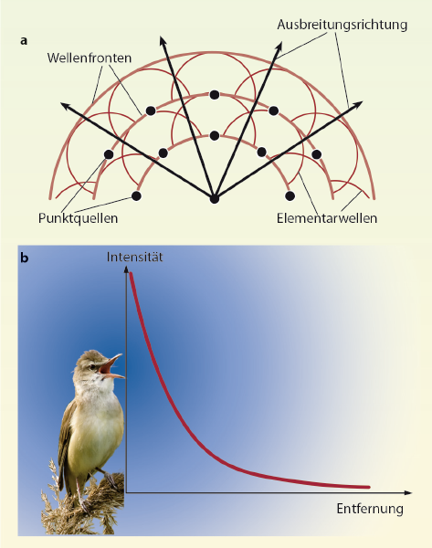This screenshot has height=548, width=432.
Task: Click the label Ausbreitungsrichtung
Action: tap(342, 26)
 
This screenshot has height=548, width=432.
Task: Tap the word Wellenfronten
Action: tap(90, 58)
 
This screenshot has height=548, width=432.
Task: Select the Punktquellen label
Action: tap(78, 218)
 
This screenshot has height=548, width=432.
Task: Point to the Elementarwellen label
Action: tap(327, 218)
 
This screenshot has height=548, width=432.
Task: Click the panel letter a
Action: tap(24, 41)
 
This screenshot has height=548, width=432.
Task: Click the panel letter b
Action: tap(25, 258)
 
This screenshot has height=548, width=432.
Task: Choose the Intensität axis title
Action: tap(134, 258)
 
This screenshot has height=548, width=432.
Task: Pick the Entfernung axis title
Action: tap(370, 509)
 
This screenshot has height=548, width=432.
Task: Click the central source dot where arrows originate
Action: tap(215, 198)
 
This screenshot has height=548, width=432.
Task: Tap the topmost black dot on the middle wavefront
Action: tap(215, 95)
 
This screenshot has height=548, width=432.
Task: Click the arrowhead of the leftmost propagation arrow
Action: tap(64, 104)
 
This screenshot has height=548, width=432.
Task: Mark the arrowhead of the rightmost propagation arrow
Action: tap(359, 103)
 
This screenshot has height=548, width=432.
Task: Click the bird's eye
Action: tap(92, 367)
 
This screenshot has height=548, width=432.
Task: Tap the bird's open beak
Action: tap(111, 367)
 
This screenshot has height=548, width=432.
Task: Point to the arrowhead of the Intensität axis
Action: tap(126, 269)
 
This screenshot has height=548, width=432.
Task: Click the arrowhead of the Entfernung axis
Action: tap(408, 492)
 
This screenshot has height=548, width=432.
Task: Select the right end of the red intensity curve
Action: tap(368, 487)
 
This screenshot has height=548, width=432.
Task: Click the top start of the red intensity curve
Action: tap(132, 274)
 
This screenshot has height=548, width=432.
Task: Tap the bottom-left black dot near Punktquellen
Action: tap(136, 196)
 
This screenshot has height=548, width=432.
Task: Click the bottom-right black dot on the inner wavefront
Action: tap(290, 196)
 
